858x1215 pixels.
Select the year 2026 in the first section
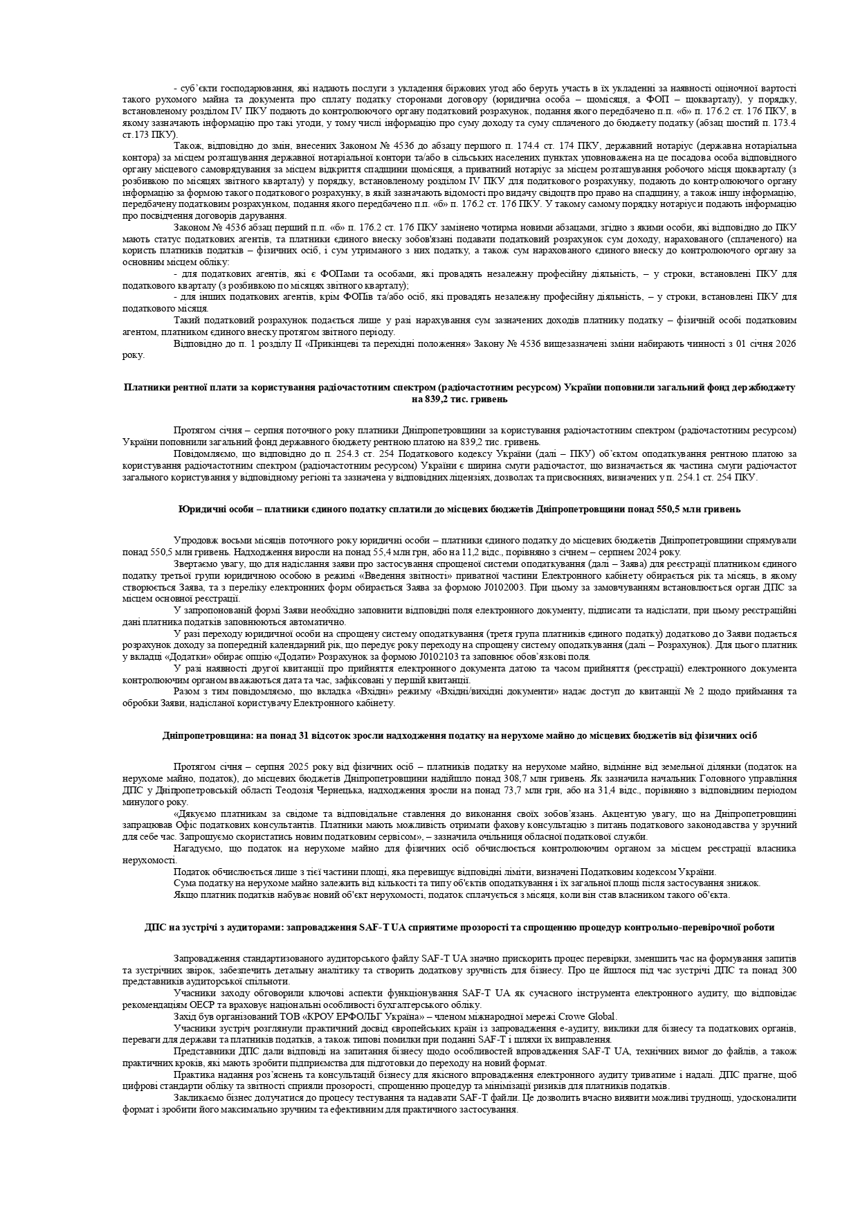[x=785, y=344]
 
